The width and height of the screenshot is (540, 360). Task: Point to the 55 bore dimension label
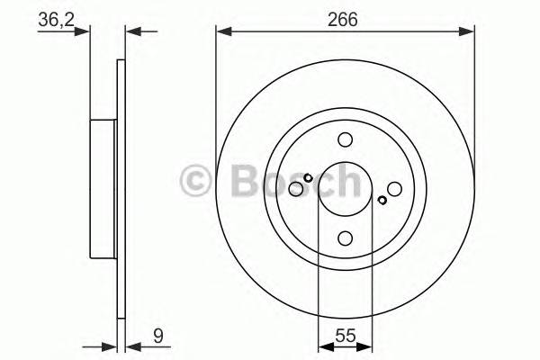345,339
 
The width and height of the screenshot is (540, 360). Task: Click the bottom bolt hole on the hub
345,238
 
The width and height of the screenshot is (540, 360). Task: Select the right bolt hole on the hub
394,188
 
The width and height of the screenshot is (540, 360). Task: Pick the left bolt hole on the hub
295,188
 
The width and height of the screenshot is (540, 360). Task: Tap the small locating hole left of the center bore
308,177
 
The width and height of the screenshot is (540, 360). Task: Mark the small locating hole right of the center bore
382,200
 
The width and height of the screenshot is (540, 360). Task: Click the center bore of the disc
345,188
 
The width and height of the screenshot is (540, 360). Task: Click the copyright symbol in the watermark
197,183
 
